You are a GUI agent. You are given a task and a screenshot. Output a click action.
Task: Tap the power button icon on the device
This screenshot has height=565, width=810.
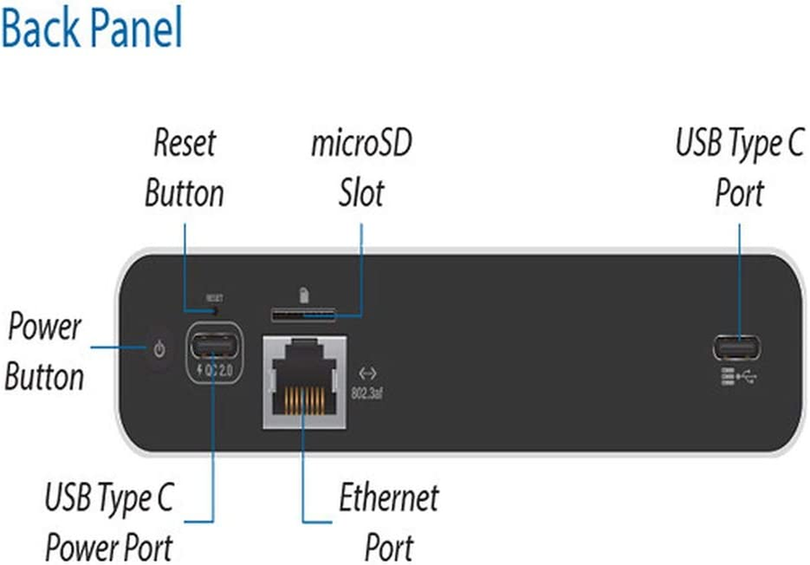tap(160, 348)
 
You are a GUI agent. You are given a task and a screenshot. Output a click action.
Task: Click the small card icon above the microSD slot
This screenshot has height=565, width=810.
tap(303, 293)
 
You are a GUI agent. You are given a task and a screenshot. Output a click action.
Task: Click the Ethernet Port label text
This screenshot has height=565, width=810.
tap(388, 523)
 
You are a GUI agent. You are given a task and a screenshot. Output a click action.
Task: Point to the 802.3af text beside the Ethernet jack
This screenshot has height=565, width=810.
tap(367, 393)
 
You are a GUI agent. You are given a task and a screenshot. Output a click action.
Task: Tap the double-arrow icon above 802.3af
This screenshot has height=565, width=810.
tap(367, 372)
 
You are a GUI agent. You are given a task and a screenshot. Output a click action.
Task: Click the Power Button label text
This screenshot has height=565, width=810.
tap(44, 352)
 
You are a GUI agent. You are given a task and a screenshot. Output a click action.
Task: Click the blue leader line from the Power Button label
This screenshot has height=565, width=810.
tap(117, 347)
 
